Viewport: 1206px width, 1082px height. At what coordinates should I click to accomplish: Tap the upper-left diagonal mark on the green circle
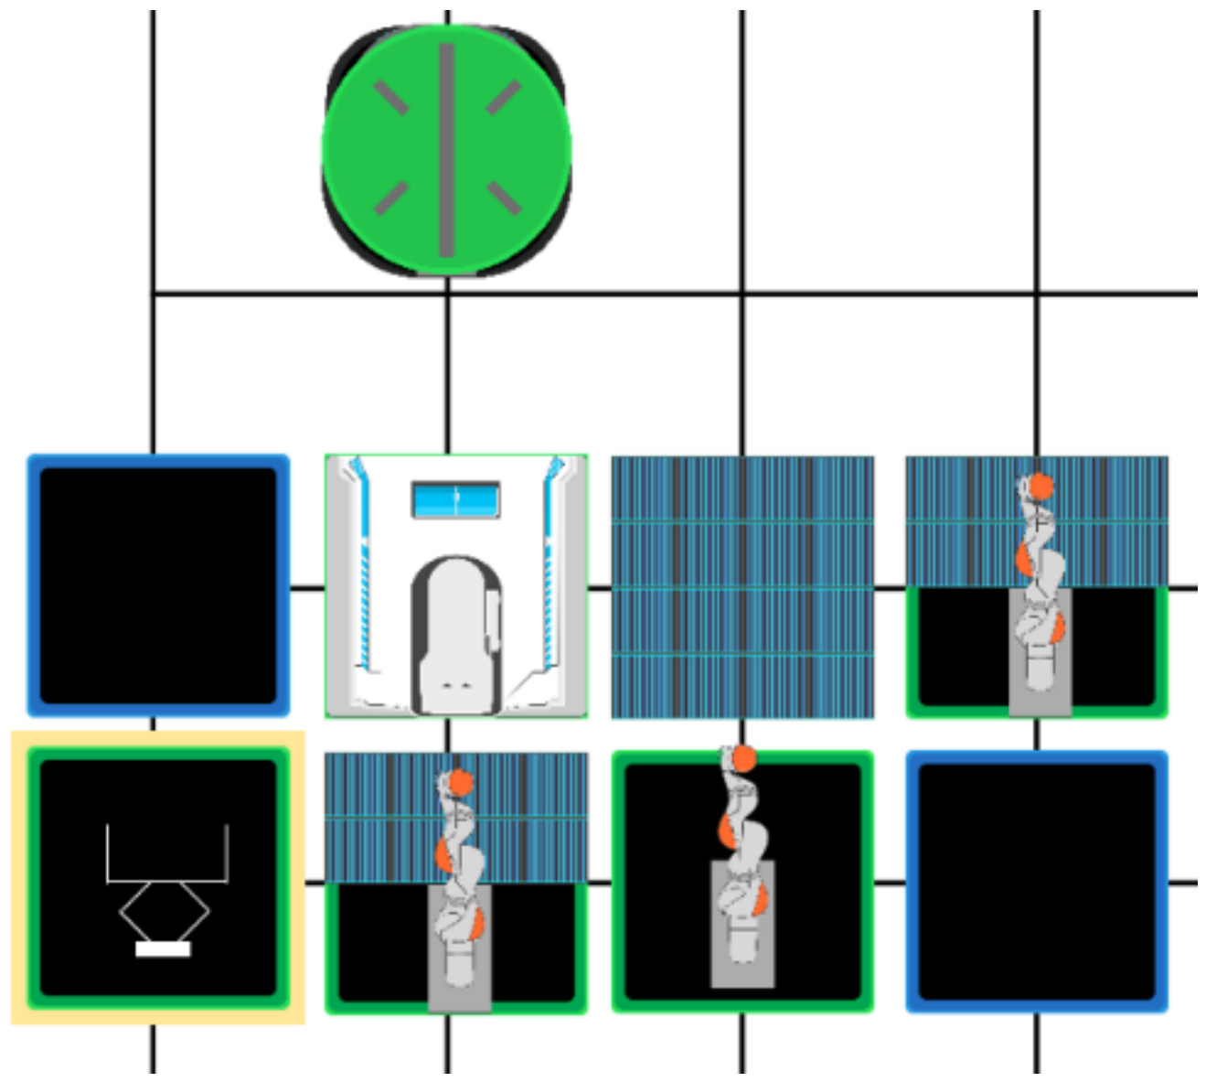391,97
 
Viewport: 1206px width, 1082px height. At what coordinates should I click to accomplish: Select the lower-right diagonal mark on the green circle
503,198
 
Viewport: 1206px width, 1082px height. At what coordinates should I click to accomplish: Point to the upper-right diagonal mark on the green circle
503,97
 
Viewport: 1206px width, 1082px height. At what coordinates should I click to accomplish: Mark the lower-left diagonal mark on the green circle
391,198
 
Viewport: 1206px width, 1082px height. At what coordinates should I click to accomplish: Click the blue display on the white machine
456,500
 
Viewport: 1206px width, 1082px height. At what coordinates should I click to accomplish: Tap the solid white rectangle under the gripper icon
163,949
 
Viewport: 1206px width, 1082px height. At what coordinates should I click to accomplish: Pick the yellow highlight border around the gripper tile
19,878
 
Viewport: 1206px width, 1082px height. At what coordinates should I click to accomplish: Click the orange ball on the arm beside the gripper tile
459,783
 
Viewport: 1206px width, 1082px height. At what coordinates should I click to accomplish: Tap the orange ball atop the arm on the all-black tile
743,758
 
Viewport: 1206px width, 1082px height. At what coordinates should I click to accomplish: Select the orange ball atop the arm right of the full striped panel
1041,486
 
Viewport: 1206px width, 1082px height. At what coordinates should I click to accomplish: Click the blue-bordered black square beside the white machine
158,585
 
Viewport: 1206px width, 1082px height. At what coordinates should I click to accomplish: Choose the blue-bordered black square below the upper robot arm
1037,882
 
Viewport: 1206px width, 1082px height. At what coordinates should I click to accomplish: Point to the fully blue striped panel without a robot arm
742,586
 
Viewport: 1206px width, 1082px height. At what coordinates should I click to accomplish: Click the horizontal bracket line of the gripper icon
166,882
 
